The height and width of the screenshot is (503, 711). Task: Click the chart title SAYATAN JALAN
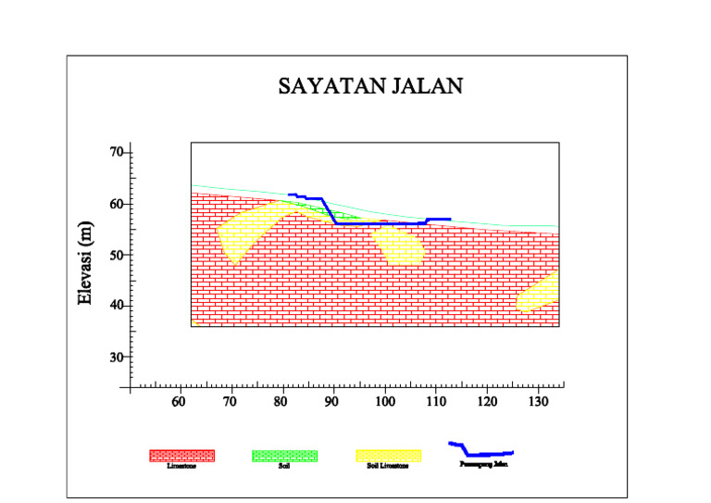click(x=370, y=87)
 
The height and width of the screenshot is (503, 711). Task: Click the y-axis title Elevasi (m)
click(x=85, y=263)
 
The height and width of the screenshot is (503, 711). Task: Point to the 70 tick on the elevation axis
click(x=118, y=152)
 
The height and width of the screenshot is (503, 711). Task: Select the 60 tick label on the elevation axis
click(x=118, y=204)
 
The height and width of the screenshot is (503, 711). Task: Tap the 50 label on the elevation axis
click(x=118, y=255)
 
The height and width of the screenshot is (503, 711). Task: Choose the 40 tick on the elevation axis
click(x=118, y=306)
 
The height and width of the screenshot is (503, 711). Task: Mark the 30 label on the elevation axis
click(x=118, y=357)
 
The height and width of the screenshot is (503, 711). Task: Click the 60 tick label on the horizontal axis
click(x=179, y=402)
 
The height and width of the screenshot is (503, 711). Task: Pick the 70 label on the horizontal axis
click(x=230, y=402)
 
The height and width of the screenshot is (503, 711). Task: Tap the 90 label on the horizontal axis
click(x=333, y=402)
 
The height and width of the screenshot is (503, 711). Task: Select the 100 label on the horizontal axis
click(x=385, y=402)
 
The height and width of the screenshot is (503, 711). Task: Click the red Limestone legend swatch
click(x=182, y=455)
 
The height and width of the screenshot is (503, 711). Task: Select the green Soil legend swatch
click(x=285, y=455)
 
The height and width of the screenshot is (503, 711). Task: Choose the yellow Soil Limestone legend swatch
click(x=389, y=455)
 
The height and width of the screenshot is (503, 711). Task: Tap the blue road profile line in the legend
click(x=481, y=453)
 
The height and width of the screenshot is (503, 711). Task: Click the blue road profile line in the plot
click(x=370, y=223)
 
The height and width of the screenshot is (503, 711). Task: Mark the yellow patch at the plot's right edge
click(x=539, y=291)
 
